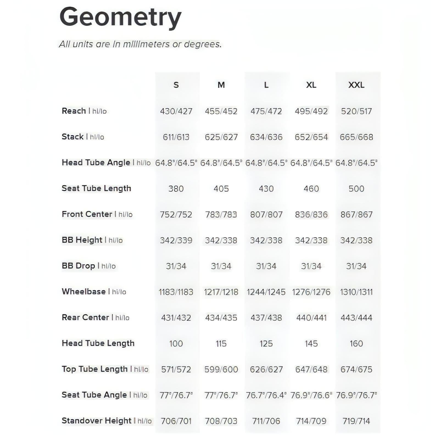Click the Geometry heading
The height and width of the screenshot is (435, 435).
120,17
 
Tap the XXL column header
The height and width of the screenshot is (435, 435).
356,85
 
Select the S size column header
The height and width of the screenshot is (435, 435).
176,85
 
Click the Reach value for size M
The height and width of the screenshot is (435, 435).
221,111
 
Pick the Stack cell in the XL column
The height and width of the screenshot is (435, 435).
311,137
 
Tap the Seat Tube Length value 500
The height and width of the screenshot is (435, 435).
356,189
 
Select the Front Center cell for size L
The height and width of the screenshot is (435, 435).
266,214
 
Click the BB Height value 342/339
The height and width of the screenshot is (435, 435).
176,240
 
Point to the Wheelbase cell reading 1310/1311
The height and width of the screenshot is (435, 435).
356,292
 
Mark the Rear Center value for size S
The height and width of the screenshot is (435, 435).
176,318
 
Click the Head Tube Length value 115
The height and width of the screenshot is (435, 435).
221,344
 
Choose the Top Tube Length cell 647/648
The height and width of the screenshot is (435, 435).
311,369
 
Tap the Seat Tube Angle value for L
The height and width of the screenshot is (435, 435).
266,395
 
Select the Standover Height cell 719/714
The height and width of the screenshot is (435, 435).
356,421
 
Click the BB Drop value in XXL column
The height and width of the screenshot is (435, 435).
356,266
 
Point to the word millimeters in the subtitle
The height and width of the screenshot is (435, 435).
146,44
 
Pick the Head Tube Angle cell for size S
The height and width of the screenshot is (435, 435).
176,163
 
